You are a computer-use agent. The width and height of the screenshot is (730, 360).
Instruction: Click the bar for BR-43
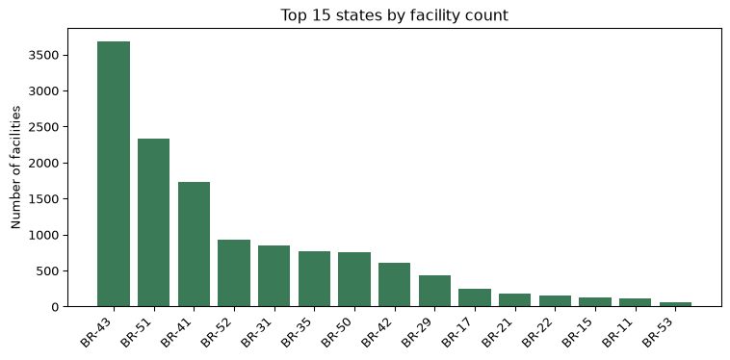[x=114, y=174]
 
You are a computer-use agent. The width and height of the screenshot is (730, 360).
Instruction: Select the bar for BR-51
[x=154, y=222]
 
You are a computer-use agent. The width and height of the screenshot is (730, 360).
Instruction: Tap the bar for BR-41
[x=195, y=244]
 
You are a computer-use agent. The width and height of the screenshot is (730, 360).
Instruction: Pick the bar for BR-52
[x=234, y=273]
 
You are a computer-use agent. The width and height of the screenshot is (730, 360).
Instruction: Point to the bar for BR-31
[x=274, y=276]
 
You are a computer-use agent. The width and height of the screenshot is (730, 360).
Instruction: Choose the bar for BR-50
[x=354, y=279]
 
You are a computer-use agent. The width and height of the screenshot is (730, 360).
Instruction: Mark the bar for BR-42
[x=394, y=285]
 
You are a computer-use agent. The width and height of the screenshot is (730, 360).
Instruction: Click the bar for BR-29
[x=435, y=291]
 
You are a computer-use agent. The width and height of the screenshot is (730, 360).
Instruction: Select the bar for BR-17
[x=475, y=297]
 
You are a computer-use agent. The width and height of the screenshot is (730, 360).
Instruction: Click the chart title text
[x=394, y=15]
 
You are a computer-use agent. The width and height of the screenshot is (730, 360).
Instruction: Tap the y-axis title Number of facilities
[x=15, y=167]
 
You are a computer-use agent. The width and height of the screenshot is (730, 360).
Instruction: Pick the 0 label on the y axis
[x=55, y=307]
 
